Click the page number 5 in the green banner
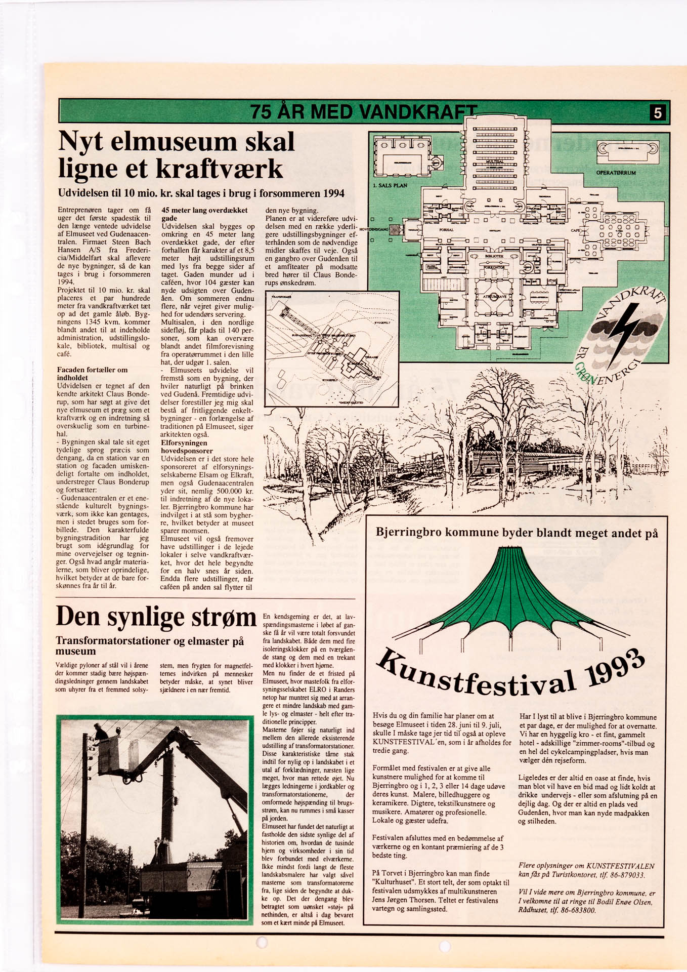click(x=657, y=112)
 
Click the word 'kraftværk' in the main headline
click(x=219, y=169)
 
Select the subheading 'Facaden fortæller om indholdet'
click(x=92, y=374)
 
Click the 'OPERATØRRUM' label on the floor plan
click(x=616, y=173)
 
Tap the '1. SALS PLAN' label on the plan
click(x=390, y=185)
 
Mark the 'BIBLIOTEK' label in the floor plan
click(x=494, y=257)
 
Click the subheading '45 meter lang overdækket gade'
click(x=204, y=214)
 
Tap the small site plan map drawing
click(x=332, y=349)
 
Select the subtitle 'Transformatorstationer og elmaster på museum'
click(x=150, y=645)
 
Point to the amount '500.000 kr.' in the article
click(x=233, y=491)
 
